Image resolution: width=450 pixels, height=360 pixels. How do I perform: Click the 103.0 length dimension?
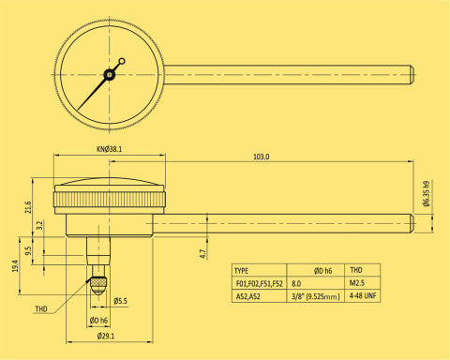[x=262, y=157]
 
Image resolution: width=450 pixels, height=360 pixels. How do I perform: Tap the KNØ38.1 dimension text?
[x=109, y=147]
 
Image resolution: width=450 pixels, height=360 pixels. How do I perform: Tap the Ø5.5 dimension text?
[x=121, y=301]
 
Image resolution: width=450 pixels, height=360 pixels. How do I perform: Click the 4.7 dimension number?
[x=202, y=252]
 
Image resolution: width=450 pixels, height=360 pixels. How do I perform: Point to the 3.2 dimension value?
[x=40, y=226]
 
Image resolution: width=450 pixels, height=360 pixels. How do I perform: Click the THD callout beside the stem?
[x=41, y=307]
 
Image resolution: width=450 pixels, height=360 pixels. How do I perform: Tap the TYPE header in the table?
[x=241, y=267]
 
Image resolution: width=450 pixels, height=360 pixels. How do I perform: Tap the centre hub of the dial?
[x=110, y=74]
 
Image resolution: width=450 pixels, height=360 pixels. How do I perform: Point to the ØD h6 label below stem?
[x=97, y=321]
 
